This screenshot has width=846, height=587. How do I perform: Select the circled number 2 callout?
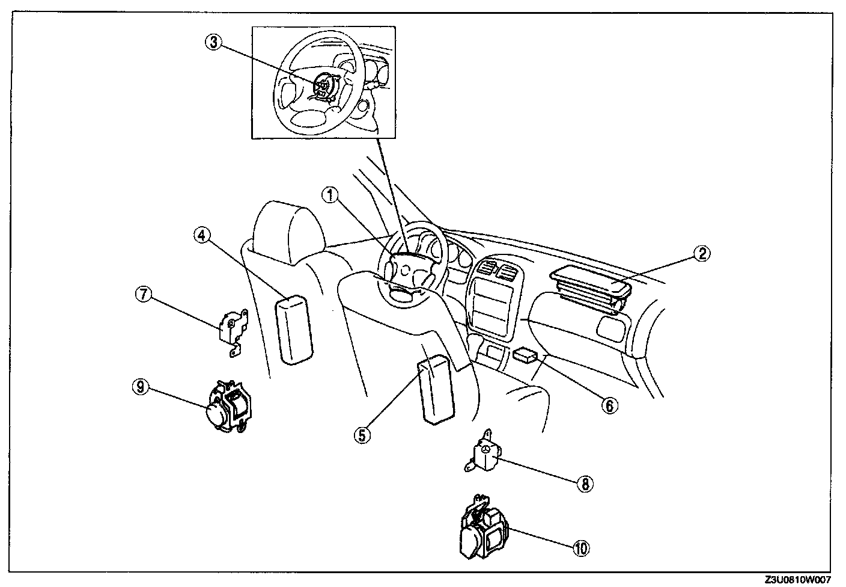(701, 254)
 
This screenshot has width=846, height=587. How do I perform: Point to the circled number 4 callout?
(201, 235)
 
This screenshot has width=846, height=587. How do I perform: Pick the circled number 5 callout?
(362, 434)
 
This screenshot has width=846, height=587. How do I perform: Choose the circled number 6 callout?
(609, 405)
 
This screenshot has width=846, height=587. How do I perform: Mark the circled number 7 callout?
(142, 294)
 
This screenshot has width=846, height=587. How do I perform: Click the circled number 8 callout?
(585, 483)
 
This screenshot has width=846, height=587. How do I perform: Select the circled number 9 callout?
(141, 387)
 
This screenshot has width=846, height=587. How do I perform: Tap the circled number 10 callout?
(581, 547)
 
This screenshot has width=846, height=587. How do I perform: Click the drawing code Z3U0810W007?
(797, 580)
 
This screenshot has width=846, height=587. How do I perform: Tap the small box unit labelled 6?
(525, 355)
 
